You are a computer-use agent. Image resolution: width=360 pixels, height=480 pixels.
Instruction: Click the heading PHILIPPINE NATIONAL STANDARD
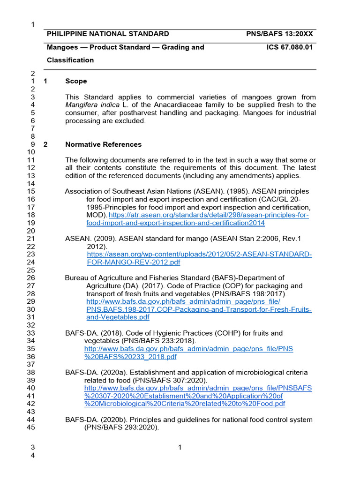(108, 34)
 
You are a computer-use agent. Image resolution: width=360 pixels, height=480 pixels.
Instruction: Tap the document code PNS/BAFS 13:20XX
(279, 34)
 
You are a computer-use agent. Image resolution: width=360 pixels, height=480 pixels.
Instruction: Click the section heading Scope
(76, 81)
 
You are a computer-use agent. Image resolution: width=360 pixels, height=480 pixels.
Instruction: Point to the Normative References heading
(103, 144)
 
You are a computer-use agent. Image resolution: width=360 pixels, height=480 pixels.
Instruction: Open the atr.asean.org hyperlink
(209, 215)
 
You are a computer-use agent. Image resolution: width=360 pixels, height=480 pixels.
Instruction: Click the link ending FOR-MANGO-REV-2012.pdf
(134, 262)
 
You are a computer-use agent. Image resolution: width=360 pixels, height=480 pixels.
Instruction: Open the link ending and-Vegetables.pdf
(118, 317)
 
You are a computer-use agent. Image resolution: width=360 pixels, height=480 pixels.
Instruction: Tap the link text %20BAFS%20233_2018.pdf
(130, 357)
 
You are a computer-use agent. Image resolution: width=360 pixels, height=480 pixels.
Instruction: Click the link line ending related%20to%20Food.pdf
(185, 404)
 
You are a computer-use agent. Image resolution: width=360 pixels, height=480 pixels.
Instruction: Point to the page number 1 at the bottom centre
(180, 448)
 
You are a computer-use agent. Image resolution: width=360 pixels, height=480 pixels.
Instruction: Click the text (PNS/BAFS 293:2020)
(122, 427)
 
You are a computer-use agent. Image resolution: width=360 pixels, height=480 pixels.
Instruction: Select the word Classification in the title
(70, 60)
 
